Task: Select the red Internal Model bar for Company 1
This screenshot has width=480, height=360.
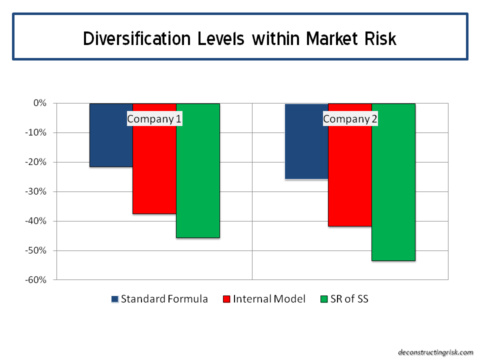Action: coord(154,165)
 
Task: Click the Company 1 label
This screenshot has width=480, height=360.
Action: coord(154,119)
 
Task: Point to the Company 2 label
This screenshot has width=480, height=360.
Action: coord(350,119)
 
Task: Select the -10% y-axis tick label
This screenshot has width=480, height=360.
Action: coord(35,133)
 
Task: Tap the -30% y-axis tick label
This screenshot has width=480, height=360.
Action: coord(35,192)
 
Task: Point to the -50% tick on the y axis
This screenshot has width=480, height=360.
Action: coord(35,250)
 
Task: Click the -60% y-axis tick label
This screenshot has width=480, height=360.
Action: coord(35,280)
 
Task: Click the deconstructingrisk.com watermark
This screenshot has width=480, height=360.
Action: coord(435,352)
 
